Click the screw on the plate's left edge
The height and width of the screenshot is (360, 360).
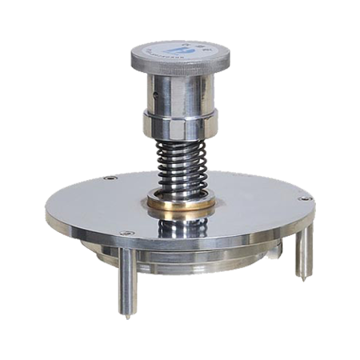[x=110, y=178]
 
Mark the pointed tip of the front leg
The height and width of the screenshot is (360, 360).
[x=129, y=316]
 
